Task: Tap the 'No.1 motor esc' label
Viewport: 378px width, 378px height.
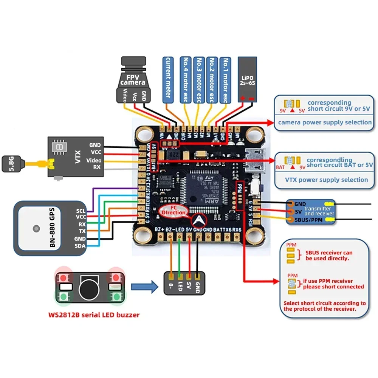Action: [225, 80]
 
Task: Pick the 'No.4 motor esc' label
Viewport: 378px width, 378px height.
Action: [186, 80]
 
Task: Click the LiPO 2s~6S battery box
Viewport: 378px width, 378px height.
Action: [247, 79]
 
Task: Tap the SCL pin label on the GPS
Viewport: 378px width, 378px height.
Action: [81, 211]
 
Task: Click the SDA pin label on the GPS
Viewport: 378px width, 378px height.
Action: [81, 246]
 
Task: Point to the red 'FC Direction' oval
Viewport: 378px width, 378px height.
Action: [174, 210]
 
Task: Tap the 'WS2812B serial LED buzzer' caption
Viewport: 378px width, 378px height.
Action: [94, 314]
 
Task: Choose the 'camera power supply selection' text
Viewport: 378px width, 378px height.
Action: [325, 122]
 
